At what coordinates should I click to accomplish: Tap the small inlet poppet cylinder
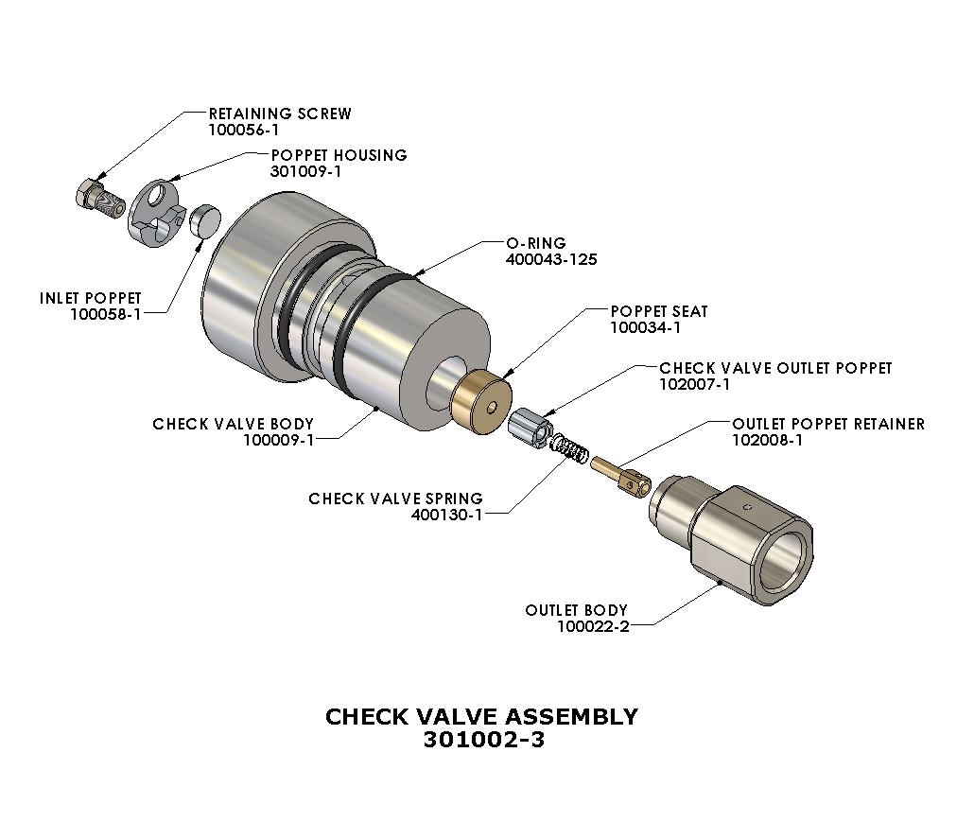click(205, 222)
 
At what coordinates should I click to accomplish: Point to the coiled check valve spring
click(570, 448)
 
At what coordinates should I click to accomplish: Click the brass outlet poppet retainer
click(622, 476)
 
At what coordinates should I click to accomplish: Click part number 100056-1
click(244, 131)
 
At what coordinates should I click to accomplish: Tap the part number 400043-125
click(551, 259)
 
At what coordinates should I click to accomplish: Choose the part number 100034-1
click(646, 328)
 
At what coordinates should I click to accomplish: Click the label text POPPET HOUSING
click(339, 155)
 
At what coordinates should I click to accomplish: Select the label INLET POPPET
click(90, 298)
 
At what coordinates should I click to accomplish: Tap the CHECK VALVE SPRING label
click(395, 499)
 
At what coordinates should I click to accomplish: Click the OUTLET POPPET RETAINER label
click(828, 424)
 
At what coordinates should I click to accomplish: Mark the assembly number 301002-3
click(483, 740)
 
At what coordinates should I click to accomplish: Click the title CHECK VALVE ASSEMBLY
click(481, 716)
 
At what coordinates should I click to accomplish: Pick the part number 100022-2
click(593, 626)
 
